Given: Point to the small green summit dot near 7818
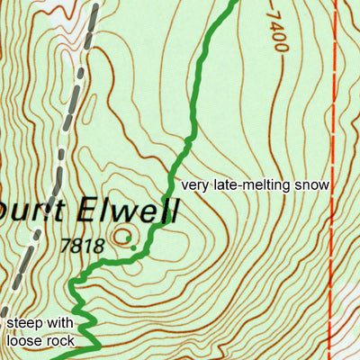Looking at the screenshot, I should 133,247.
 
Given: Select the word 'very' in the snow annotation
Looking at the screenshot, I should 195,185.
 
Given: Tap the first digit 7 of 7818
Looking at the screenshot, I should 65,243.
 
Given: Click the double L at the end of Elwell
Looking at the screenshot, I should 168,211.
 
